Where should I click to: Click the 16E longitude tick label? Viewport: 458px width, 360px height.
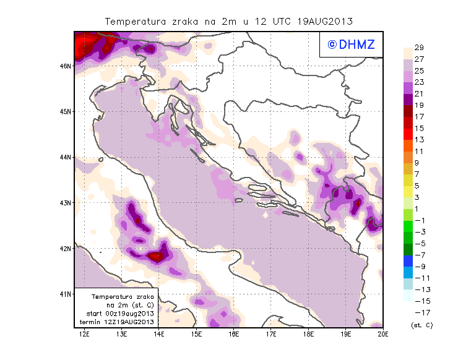(233, 334)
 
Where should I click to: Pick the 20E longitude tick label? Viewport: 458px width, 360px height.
(383, 334)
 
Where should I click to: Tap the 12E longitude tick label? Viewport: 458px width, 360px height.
(84, 334)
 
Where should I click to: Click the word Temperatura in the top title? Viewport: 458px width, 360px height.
(135, 21)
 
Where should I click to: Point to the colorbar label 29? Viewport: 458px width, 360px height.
(419, 48)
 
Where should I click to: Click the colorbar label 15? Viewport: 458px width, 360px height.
(419, 128)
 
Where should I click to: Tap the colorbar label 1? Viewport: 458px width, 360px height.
(419, 208)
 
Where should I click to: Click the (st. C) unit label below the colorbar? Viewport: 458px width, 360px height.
(421, 325)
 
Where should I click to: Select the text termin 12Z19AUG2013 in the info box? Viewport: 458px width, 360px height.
(120, 322)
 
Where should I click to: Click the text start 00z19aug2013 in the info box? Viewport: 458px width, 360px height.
(120, 314)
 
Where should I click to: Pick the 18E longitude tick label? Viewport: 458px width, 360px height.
(308, 334)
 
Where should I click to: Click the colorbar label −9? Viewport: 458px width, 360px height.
(419, 266)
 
